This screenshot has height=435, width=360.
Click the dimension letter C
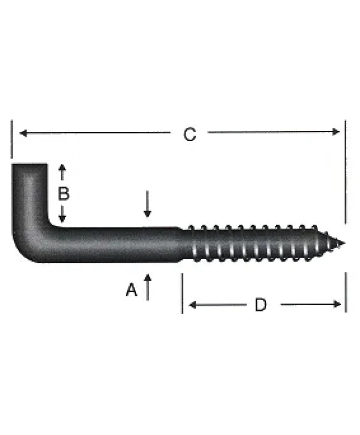point(190,134)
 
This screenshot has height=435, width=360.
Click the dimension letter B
point(63,194)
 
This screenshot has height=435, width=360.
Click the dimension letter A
point(131,290)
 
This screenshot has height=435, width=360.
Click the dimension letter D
point(260,305)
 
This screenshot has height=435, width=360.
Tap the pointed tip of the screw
point(343,244)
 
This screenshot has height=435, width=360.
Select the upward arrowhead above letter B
point(61,168)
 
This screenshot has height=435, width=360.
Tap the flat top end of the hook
point(29,164)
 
